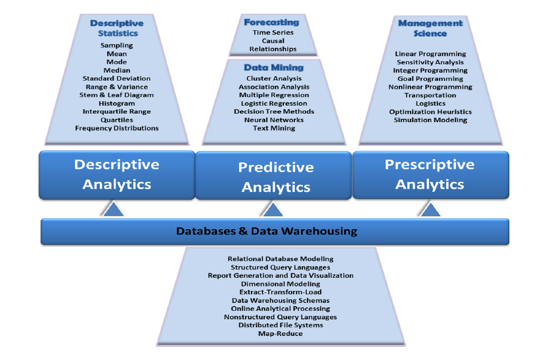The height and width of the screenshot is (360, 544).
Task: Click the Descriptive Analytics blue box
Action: click(x=116, y=174)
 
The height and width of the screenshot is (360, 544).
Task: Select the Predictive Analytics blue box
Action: click(x=275, y=177)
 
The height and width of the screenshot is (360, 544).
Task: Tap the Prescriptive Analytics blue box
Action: click(x=430, y=174)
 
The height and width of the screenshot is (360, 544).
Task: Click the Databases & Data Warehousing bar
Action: click(x=267, y=231)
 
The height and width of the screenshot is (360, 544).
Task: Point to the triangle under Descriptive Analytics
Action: click(x=113, y=210)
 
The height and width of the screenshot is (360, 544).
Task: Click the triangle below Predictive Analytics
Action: click(x=273, y=210)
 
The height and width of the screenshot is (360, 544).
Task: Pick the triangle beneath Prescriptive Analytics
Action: click(x=430, y=210)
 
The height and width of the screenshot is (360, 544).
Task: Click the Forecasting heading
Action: click(x=271, y=22)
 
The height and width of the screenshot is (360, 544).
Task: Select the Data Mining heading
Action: click(x=273, y=67)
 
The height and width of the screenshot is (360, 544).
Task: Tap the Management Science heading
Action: click(x=430, y=28)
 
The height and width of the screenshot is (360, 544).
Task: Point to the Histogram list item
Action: click(x=116, y=103)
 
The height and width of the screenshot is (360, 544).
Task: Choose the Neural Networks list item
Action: click(x=274, y=120)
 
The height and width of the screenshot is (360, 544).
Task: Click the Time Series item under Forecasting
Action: click(x=273, y=32)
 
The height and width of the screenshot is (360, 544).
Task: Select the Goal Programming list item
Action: click(x=430, y=78)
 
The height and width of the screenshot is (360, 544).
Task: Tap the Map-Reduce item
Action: click(x=280, y=333)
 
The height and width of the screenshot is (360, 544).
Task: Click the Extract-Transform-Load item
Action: click(x=280, y=292)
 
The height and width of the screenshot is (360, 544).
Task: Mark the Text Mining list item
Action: click(x=274, y=128)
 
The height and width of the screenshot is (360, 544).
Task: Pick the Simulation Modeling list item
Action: click(x=430, y=120)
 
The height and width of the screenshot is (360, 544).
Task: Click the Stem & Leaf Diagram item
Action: click(x=116, y=95)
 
